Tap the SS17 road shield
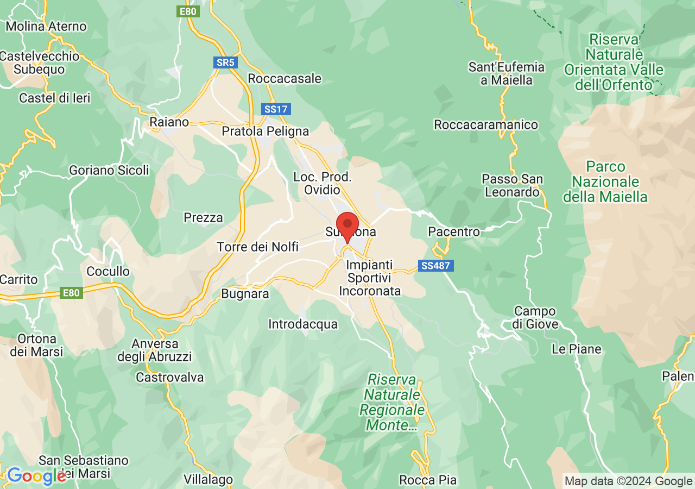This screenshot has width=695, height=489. pos(276,109)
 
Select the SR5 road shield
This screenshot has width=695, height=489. pos(225,62)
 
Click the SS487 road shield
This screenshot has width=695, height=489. pos(436,266)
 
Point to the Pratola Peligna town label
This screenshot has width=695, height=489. pos(266,131)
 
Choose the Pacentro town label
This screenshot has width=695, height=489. pos(454,232)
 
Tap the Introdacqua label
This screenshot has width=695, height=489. pos(303,324)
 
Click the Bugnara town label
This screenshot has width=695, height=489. pos(245,294)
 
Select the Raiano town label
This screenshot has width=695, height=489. pos(169,122)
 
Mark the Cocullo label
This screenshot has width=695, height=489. pos(108,271)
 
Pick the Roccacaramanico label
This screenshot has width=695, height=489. pos(486,125)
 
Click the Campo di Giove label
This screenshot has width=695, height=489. pos(535,318)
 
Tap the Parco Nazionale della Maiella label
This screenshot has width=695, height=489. pos(605,181)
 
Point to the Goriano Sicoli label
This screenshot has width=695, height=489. pos(109,171)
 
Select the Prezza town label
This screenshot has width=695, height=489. pos(203,218)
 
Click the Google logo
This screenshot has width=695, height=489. pos(36,477)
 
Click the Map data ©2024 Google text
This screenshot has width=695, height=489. pos(628,481)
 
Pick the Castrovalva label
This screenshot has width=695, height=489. pos(170,377)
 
